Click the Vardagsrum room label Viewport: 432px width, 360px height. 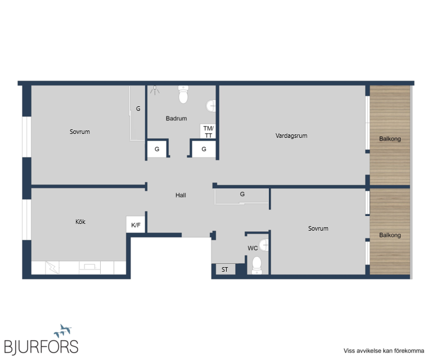(x=291, y=136)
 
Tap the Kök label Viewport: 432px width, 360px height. (x=80, y=222)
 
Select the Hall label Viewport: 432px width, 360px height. (x=181, y=195)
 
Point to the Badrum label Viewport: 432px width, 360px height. (x=176, y=119)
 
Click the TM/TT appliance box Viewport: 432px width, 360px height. (x=208, y=132)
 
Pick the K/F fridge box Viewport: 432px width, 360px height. (x=136, y=224)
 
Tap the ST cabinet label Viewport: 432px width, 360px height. (x=225, y=269)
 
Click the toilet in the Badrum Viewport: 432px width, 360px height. (x=183, y=94)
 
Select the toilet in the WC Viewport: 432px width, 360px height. (x=256, y=265)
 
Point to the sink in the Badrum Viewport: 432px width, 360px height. (x=211, y=106)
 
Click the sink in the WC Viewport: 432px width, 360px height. (x=264, y=245)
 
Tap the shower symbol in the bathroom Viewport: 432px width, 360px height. (x=155, y=90)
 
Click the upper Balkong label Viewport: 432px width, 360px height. (x=390, y=139)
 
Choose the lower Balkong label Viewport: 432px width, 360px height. (x=390, y=235)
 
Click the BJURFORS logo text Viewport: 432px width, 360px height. (x=41, y=346)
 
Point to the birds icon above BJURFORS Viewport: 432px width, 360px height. (x=64, y=331)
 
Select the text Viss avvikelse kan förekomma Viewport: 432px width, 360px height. (x=384, y=350)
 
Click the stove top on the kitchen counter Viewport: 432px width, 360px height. (x=89, y=267)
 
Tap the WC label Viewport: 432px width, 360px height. (x=253, y=248)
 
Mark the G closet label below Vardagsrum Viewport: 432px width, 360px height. (x=242, y=194)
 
